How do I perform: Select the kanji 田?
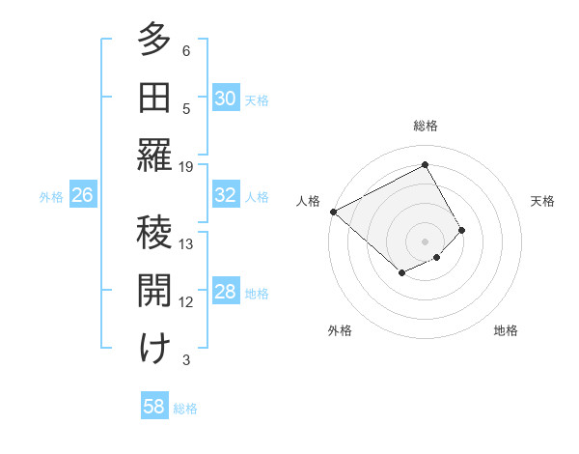(154, 99)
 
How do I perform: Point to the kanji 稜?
(154, 233)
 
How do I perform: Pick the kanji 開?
(154, 291)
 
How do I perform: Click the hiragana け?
(154, 349)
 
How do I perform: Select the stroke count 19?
(186, 166)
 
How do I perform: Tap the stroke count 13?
(186, 243)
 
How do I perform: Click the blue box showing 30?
(225, 98)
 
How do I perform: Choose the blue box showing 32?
(225, 195)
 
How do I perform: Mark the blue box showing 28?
(225, 292)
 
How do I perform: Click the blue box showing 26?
(82, 195)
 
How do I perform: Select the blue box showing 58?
(153, 407)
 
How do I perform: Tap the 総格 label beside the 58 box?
(185, 409)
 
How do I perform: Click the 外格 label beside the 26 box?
(51, 197)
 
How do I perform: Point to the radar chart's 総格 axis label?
(426, 126)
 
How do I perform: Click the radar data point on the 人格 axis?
(333, 212)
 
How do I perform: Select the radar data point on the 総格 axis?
(425, 165)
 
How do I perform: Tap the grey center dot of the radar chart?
(425, 240)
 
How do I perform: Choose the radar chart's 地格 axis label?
(506, 330)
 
